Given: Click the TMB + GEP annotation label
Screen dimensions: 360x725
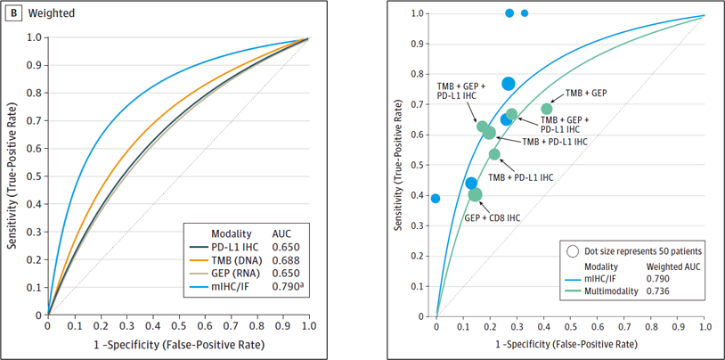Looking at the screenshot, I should [x=586, y=93].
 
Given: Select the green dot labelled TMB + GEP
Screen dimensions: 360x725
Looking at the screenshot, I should [x=547, y=109].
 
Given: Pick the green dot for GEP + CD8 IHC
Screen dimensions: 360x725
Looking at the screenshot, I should [x=475, y=194].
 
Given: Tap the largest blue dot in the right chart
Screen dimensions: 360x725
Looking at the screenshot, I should [x=509, y=84].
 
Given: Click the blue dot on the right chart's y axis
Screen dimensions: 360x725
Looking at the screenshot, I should [x=436, y=198].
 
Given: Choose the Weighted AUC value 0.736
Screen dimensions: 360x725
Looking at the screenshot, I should [x=661, y=292].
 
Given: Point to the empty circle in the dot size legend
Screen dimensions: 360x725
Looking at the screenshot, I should [x=572, y=250].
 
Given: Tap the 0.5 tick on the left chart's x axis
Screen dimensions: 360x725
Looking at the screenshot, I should [x=178, y=327].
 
